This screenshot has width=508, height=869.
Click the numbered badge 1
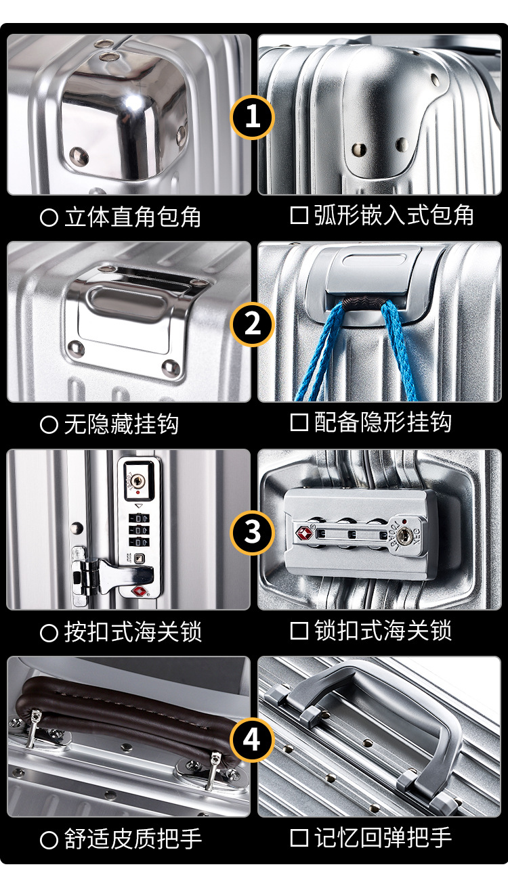point(252,117)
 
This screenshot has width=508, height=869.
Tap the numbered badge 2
point(252,324)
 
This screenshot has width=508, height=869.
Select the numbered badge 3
point(252,532)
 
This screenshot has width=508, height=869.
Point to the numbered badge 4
point(252,740)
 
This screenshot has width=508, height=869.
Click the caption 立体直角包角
point(133,217)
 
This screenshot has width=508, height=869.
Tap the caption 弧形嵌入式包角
point(394,215)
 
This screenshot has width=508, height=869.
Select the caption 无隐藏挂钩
point(121,424)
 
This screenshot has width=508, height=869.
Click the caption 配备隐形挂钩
point(383,422)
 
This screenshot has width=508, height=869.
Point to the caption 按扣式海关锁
point(133,632)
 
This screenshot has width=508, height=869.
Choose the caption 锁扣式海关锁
point(383,631)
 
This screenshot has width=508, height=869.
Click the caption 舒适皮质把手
point(133,840)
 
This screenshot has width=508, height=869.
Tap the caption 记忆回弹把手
point(383,838)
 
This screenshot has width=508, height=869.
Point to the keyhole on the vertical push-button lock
point(138,481)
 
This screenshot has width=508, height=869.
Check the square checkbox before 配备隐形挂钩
point(299,422)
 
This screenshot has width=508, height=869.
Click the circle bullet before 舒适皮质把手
point(49,841)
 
